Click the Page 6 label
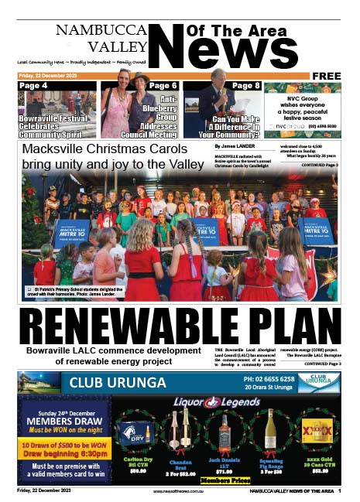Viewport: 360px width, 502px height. point(163,86)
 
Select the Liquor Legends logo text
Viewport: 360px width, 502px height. point(216,402)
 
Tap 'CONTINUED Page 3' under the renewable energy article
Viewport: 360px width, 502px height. point(320,363)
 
